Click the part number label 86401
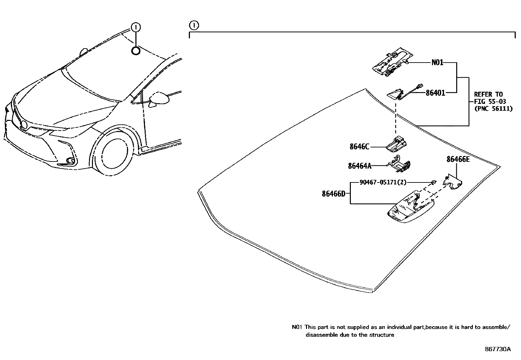pyautogui.click(x=435, y=93)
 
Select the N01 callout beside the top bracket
pyautogui.click(x=437, y=62)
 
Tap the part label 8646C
pyautogui.click(x=359, y=147)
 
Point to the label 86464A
pyautogui.click(x=360, y=166)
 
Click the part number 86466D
pyautogui.click(x=333, y=194)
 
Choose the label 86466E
pyautogui.click(x=458, y=160)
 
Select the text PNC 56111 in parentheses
pyautogui.click(x=493, y=108)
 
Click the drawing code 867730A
pyautogui.click(x=497, y=349)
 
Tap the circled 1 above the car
pyautogui.click(x=136, y=27)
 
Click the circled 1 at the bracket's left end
pyautogui.click(x=194, y=25)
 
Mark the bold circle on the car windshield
pyautogui.click(x=136, y=50)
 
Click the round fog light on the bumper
pyautogui.click(x=69, y=160)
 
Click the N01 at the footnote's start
pyautogui.click(x=296, y=327)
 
